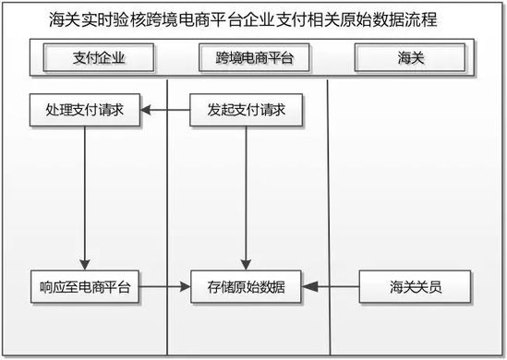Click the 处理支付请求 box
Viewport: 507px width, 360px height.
click(x=84, y=111)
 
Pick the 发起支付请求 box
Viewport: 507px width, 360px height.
click(x=246, y=111)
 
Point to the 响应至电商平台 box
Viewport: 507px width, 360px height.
click(x=84, y=286)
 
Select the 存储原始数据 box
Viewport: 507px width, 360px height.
click(x=247, y=286)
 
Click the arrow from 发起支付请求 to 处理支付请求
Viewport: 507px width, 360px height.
click(x=164, y=111)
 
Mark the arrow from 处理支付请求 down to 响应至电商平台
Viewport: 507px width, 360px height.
click(x=84, y=194)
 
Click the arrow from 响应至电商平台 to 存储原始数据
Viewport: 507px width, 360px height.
click(x=164, y=286)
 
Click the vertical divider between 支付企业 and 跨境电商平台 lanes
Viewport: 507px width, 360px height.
click(x=166, y=212)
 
